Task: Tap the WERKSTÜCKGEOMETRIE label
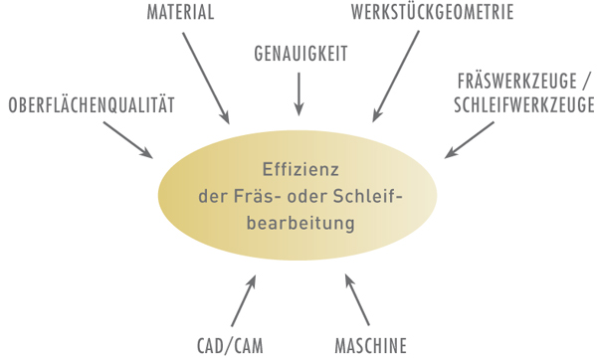[431, 14]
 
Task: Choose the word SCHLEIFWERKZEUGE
[522, 104]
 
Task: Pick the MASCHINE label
[369, 347]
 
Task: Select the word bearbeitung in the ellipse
[298, 224]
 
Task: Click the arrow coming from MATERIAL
[207, 77]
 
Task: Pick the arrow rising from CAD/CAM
[244, 301]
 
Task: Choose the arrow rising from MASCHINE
[355, 301]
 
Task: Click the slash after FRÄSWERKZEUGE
[588, 81]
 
